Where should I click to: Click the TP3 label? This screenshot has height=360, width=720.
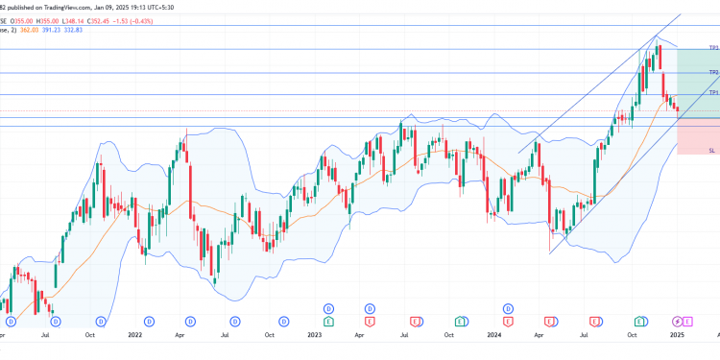coord(713,47)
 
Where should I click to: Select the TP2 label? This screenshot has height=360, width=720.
coord(713,72)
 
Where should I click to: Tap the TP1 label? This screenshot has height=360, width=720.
coord(713,92)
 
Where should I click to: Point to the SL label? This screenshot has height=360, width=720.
coord(711,151)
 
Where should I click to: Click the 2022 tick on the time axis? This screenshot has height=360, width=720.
coord(134,335)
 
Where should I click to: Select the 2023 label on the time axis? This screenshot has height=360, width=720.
coord(313,335)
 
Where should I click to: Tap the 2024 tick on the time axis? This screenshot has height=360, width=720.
coord(493,335)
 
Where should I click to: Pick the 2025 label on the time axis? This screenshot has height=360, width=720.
coord(676,335)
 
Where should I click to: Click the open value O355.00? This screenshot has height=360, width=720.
coord(23,18)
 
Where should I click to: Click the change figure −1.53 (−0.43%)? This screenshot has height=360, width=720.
coord(172,18)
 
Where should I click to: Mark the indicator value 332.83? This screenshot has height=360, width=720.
coord(100,30)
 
